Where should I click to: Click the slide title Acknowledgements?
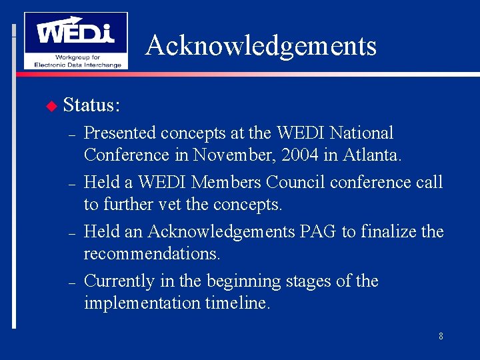(261, 45)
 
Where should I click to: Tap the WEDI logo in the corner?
(75, 40)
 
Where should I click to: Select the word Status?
(91, 105)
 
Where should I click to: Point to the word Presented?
(120, 133)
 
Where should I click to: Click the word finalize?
(387, 231)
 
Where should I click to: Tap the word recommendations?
(152, 254)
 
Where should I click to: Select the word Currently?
(119, 281)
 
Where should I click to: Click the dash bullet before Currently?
(70, 282)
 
